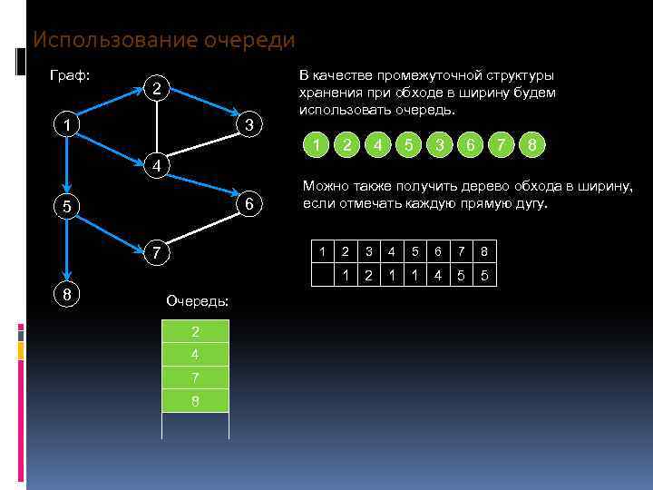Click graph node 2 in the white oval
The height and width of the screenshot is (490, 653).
(x=157, y=89)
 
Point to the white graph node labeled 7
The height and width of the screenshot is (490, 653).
(x=157, y=251)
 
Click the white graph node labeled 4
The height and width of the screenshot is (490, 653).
(x=157, y=166)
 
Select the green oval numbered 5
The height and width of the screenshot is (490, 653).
(x=409, y=145)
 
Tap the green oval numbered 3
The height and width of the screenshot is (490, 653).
(x=440, y=145)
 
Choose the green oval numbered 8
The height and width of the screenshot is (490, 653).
(x=532, y=145)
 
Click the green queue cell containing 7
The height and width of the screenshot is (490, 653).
(x=195, y=377)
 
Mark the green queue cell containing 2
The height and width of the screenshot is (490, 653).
(x=195, y=332)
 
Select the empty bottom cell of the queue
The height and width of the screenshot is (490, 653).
(x=195, y=425)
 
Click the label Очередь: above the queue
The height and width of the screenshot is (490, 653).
(x=198, y=300)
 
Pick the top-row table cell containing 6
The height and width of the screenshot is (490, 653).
(x=438, y=251)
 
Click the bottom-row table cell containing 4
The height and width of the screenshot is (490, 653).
(x=438, y=275)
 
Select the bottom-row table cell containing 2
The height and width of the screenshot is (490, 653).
(x=368, y=275)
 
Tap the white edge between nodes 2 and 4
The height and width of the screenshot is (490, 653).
(x=157, y=127)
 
